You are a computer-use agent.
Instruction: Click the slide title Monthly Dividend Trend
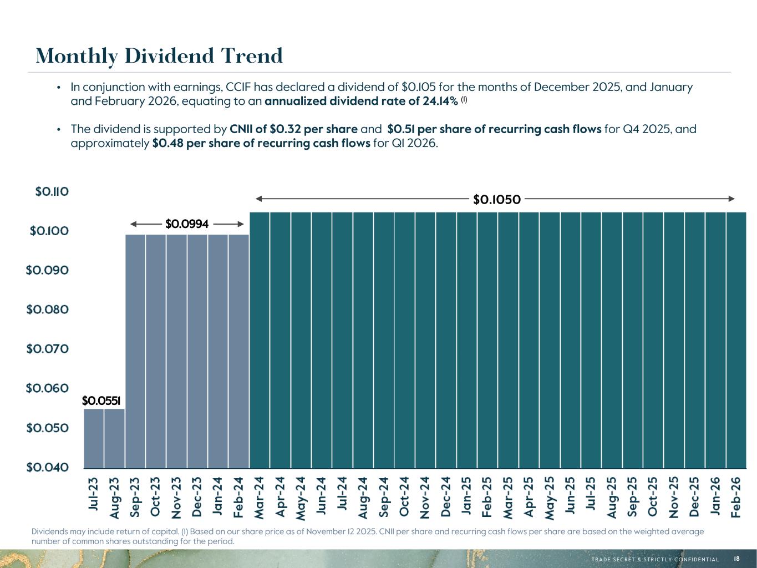coord(159,56)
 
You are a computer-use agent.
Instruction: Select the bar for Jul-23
coord(94,438)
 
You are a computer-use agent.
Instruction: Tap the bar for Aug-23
coord(114,438)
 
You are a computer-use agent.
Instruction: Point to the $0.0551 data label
coord(101,400)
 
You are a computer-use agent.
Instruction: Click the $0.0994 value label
coord(187,224)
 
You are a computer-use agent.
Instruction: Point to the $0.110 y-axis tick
coord(52,192)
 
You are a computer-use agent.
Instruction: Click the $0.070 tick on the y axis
coord(48,349)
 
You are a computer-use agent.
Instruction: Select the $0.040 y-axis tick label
coord(48,467)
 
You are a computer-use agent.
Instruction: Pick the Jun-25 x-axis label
coord(570,497)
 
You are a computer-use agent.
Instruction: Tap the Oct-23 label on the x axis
coord(156,497)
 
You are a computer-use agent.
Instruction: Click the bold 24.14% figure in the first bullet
coord(438,102)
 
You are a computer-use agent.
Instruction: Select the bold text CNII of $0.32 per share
coord(293,129)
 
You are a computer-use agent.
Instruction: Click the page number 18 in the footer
coord(736,559)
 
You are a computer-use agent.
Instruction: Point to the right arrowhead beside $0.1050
coord(731,199)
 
